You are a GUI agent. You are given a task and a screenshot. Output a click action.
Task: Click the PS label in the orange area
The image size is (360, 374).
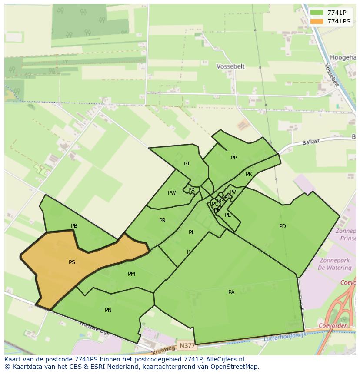point(72,262)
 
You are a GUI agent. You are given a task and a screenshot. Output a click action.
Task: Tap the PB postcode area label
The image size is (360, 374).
point(74,226)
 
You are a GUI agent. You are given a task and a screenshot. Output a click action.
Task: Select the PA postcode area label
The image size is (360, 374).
point(231,292)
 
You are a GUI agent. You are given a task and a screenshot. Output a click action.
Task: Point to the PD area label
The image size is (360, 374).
point(283,226)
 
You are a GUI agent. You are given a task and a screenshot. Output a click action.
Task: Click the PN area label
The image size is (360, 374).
point(108,310)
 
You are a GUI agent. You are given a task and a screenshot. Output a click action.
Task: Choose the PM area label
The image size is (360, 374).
point(131,274)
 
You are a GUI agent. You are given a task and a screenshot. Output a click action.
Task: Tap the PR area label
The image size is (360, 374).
point(162,221)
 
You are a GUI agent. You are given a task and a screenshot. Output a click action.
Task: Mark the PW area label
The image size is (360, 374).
point(172,193)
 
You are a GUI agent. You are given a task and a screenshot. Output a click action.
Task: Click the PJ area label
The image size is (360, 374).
point(187,164)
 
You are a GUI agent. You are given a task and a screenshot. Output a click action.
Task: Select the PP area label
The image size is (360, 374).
point(234,158)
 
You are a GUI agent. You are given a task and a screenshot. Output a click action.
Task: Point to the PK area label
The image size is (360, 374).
point(249,174)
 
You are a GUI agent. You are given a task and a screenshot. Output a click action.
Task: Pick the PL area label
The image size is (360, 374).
point(192,232)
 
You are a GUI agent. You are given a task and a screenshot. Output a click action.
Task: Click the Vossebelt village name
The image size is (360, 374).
point(230,66)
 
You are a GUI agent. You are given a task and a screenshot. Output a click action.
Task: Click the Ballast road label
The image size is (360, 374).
point(311,142)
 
